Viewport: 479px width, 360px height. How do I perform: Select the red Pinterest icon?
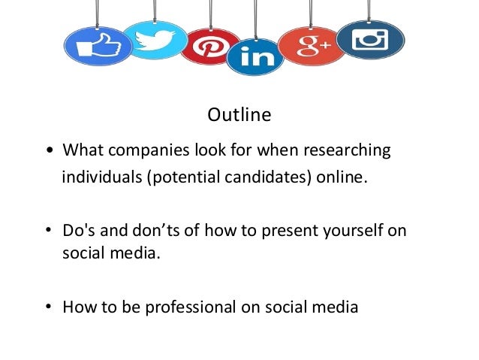click(209, 46)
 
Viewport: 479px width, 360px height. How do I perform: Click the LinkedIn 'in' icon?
click(255, 57)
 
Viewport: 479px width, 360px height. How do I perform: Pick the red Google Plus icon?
click(309, 47)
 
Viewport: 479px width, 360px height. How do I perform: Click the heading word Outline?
click(239, 116)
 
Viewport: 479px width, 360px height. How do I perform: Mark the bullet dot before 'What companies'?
click(50, 152)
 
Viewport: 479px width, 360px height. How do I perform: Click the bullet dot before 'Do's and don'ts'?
click(50, 231)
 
